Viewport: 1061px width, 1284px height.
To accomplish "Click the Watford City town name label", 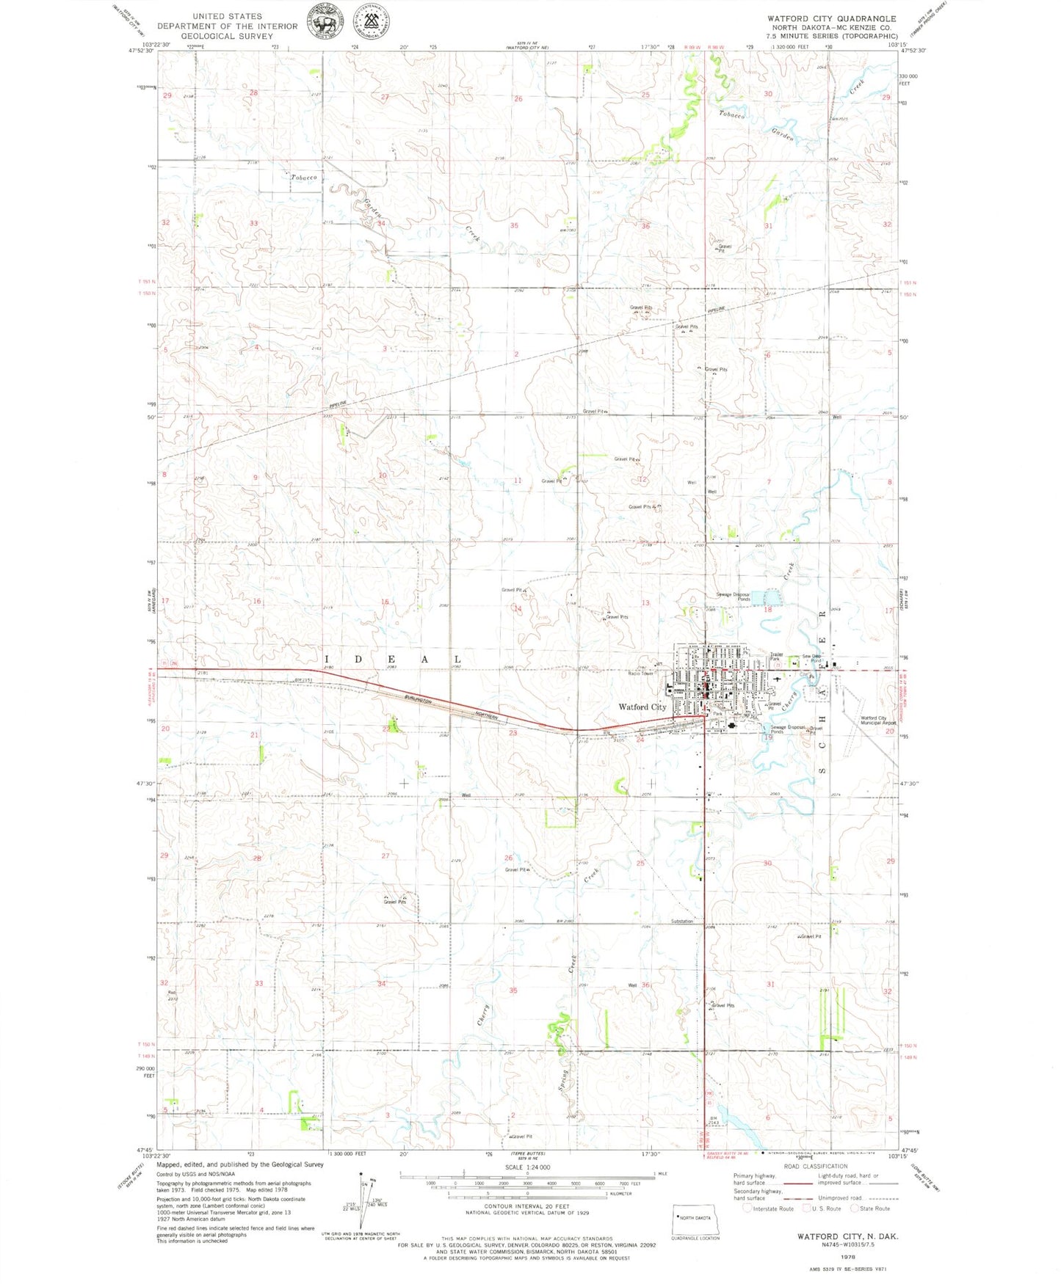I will pyautogui.click(x=642, y=707).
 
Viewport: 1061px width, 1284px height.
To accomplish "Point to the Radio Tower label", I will pyautogui.click(x=641, y=673).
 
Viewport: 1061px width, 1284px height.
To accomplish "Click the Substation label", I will pyautogui.click(x=681, y=921).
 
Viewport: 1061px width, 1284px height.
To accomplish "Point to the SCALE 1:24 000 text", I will pyautogui.click(x=527, y=1167).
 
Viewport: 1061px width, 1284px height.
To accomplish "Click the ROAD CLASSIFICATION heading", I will pyautogui.click(x=815, y=1166).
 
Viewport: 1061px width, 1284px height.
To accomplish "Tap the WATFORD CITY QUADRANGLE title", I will pyautogui.click(x=831, y=18).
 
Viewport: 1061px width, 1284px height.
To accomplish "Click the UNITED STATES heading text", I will pyautogui.click(x=227, y=16).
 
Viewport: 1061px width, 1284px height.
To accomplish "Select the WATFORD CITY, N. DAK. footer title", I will pyautogui.click(x=847, y=1236).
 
